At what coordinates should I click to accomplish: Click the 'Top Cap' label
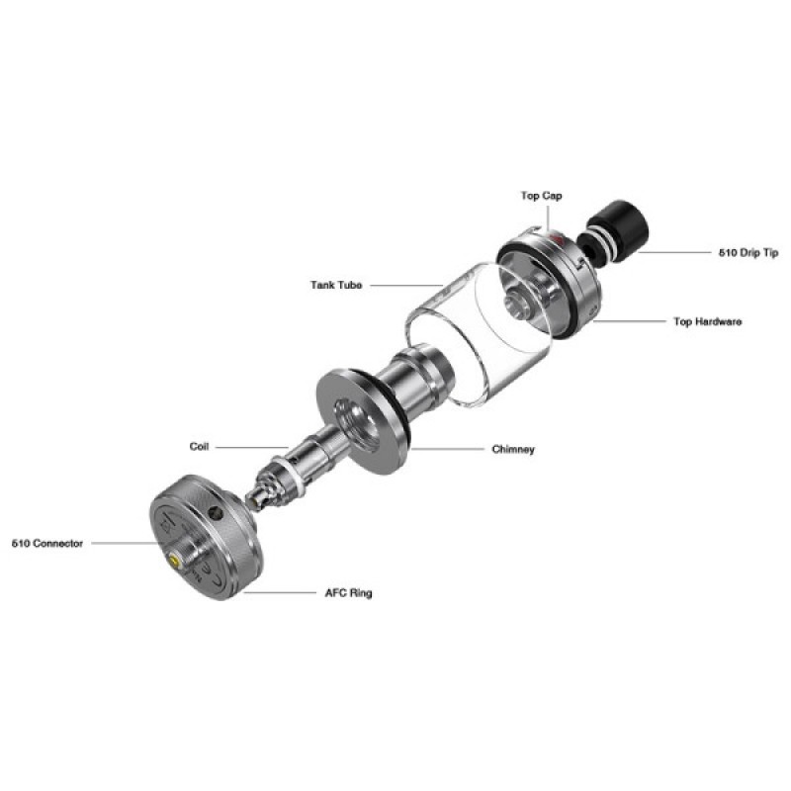541,196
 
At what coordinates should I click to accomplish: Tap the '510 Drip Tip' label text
748,253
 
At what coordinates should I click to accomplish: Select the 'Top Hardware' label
707,321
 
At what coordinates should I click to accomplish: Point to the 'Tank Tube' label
336,285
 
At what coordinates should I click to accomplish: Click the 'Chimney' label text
513,449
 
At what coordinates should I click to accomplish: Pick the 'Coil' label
199,447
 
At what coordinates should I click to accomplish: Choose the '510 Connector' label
47,543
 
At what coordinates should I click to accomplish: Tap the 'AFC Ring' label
348,592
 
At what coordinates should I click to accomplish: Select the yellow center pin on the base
175,561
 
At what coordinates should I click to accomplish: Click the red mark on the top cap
556,236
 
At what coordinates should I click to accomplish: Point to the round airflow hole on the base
216,513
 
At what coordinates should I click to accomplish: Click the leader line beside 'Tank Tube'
406,286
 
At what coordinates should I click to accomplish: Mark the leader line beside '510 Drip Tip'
674,252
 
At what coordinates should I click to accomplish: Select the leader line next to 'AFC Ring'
280,592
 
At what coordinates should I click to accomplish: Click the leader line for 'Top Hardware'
630,320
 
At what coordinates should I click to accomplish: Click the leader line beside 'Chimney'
448,449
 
